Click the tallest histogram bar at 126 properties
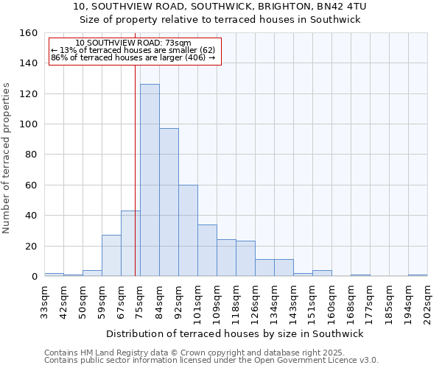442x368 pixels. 150,180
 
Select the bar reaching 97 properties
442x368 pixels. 169,202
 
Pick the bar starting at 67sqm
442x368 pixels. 130,244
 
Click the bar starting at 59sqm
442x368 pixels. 111,255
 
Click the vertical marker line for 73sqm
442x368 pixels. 135,169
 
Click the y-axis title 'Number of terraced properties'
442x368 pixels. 7,158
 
